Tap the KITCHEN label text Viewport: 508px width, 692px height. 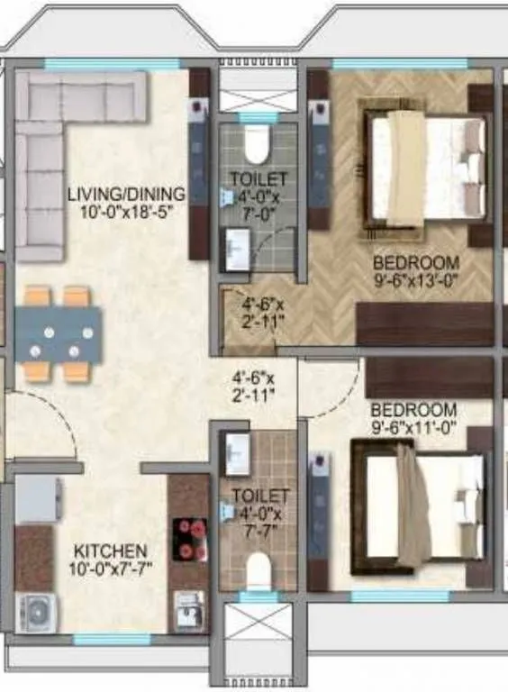click(110, 550)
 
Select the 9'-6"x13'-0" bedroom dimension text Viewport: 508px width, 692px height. click(416, 279)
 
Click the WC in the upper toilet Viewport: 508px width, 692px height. click(258, 142)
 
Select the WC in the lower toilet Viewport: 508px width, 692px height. click(259, 569)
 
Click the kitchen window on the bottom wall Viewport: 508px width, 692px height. click(112, 640)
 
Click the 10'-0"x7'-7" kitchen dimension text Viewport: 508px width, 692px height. click(110, 568)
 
